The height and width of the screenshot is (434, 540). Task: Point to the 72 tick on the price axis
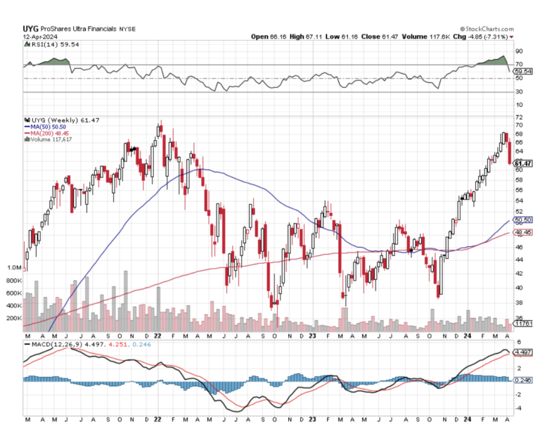(518, 117)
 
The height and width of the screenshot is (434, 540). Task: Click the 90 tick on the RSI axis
(518, 51)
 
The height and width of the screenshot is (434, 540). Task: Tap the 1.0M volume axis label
(14, 268)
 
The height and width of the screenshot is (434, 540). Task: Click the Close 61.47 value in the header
(395, 37)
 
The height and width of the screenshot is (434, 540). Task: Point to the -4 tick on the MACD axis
(518, 408)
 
